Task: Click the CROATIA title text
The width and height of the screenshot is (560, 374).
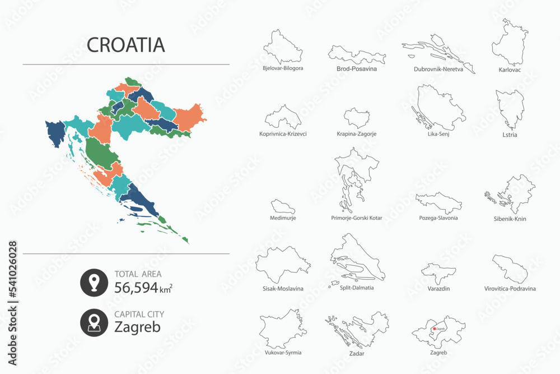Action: pyautogui.click(x=126, y=45)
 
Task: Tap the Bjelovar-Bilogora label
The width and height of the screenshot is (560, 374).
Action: pyautogui.click(x=283, y=68)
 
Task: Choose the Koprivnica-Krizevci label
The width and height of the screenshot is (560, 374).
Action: pyautogui.click(x=283, y=134)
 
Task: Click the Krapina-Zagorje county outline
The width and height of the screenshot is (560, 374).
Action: pyautogui.click(x=356, y=118)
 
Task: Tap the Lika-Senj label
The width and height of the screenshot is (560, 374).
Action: pyautogui.click(x=438, y=134)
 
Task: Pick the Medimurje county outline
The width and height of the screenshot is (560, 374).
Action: pyautogui.click(x=283, y=206)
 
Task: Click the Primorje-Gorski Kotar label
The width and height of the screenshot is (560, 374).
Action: pyautogui.click(x=356, y=218)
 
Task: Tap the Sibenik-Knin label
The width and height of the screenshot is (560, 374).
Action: pyautogui.click(x=510, y=219)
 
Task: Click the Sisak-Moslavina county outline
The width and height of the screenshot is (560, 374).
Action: pyautogui.click(x=283, y=265)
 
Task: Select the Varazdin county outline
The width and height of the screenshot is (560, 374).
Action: pyautogui.click(x=438, y=273)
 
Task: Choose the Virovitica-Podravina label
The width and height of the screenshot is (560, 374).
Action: pyautogui.click(x=510, y=289)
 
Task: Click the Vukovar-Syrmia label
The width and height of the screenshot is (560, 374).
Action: pyautogui.click(x=283, y=353)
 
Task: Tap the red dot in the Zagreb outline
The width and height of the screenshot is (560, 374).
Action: pyautogui.click(x=433, y=329)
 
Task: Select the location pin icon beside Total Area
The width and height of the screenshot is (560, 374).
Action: pyautogui.click(x=94, y=282)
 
